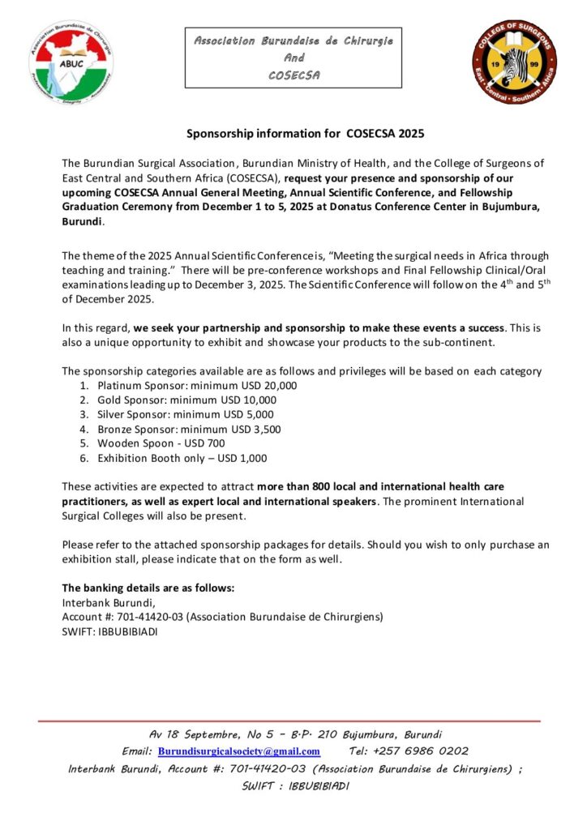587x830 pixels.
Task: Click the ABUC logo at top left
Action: [x=72, y=62]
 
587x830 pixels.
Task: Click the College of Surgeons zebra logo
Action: [x=514, y=62]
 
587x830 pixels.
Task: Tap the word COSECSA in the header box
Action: [x=293, y=75]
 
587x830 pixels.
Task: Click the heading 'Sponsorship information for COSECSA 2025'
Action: [x=306, y=133]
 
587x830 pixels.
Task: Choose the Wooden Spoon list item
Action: [x=161, y=444]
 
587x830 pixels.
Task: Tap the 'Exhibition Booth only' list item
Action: [x=182, y=459]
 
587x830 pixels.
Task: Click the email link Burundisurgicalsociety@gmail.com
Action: [x=239, y=751]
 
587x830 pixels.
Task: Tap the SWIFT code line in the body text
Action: [x=110, y=632]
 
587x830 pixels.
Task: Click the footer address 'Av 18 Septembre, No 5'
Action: [x=203, y=734]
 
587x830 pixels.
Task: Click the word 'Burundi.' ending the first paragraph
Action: [x=84, y=221]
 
